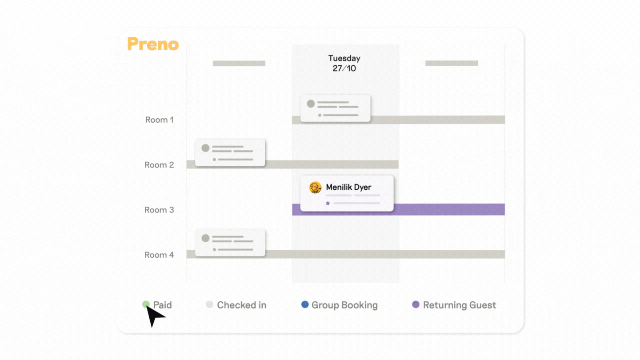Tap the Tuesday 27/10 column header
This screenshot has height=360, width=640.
[344, 63]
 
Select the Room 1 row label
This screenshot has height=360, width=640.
[159, 120]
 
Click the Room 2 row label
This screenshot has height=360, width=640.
[159, 165]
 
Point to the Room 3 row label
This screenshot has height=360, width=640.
[159, 210]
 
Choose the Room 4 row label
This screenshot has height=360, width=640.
[159, 255]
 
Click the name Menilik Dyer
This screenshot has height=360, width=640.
[348, 187]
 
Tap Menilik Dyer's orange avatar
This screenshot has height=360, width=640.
[316, 188]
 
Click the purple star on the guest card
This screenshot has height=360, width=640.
[328, 203]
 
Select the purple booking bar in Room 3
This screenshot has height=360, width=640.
[449, 209]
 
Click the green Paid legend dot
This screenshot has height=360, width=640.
[146, 304]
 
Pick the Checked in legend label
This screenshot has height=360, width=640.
[241, 305]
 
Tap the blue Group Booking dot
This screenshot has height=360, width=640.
[305, 304]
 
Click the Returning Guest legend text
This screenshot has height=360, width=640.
[459, 305]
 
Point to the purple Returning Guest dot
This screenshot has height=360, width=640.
[416, 304]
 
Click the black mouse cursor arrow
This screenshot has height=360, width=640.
[154, 315]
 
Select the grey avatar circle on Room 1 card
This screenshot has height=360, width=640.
[311, 104]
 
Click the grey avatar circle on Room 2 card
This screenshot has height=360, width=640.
[205, 148]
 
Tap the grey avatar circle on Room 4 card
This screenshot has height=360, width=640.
[205, 238]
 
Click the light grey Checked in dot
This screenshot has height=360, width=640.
[210, 304]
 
